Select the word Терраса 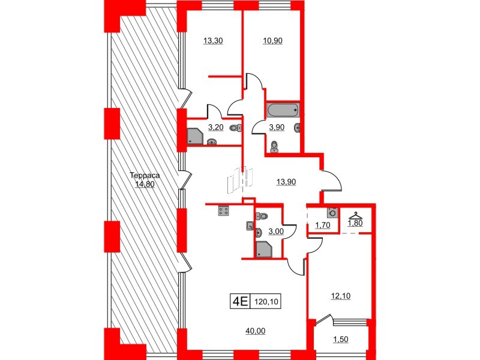pos(145,176)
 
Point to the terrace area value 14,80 pos(145,184)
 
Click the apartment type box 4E pos(240,301)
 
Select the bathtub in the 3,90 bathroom pos(283,110)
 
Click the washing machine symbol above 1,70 pos(332,212)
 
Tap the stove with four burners pos(223,211)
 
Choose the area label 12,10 pos(340,295)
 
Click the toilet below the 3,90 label pos(274,145)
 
